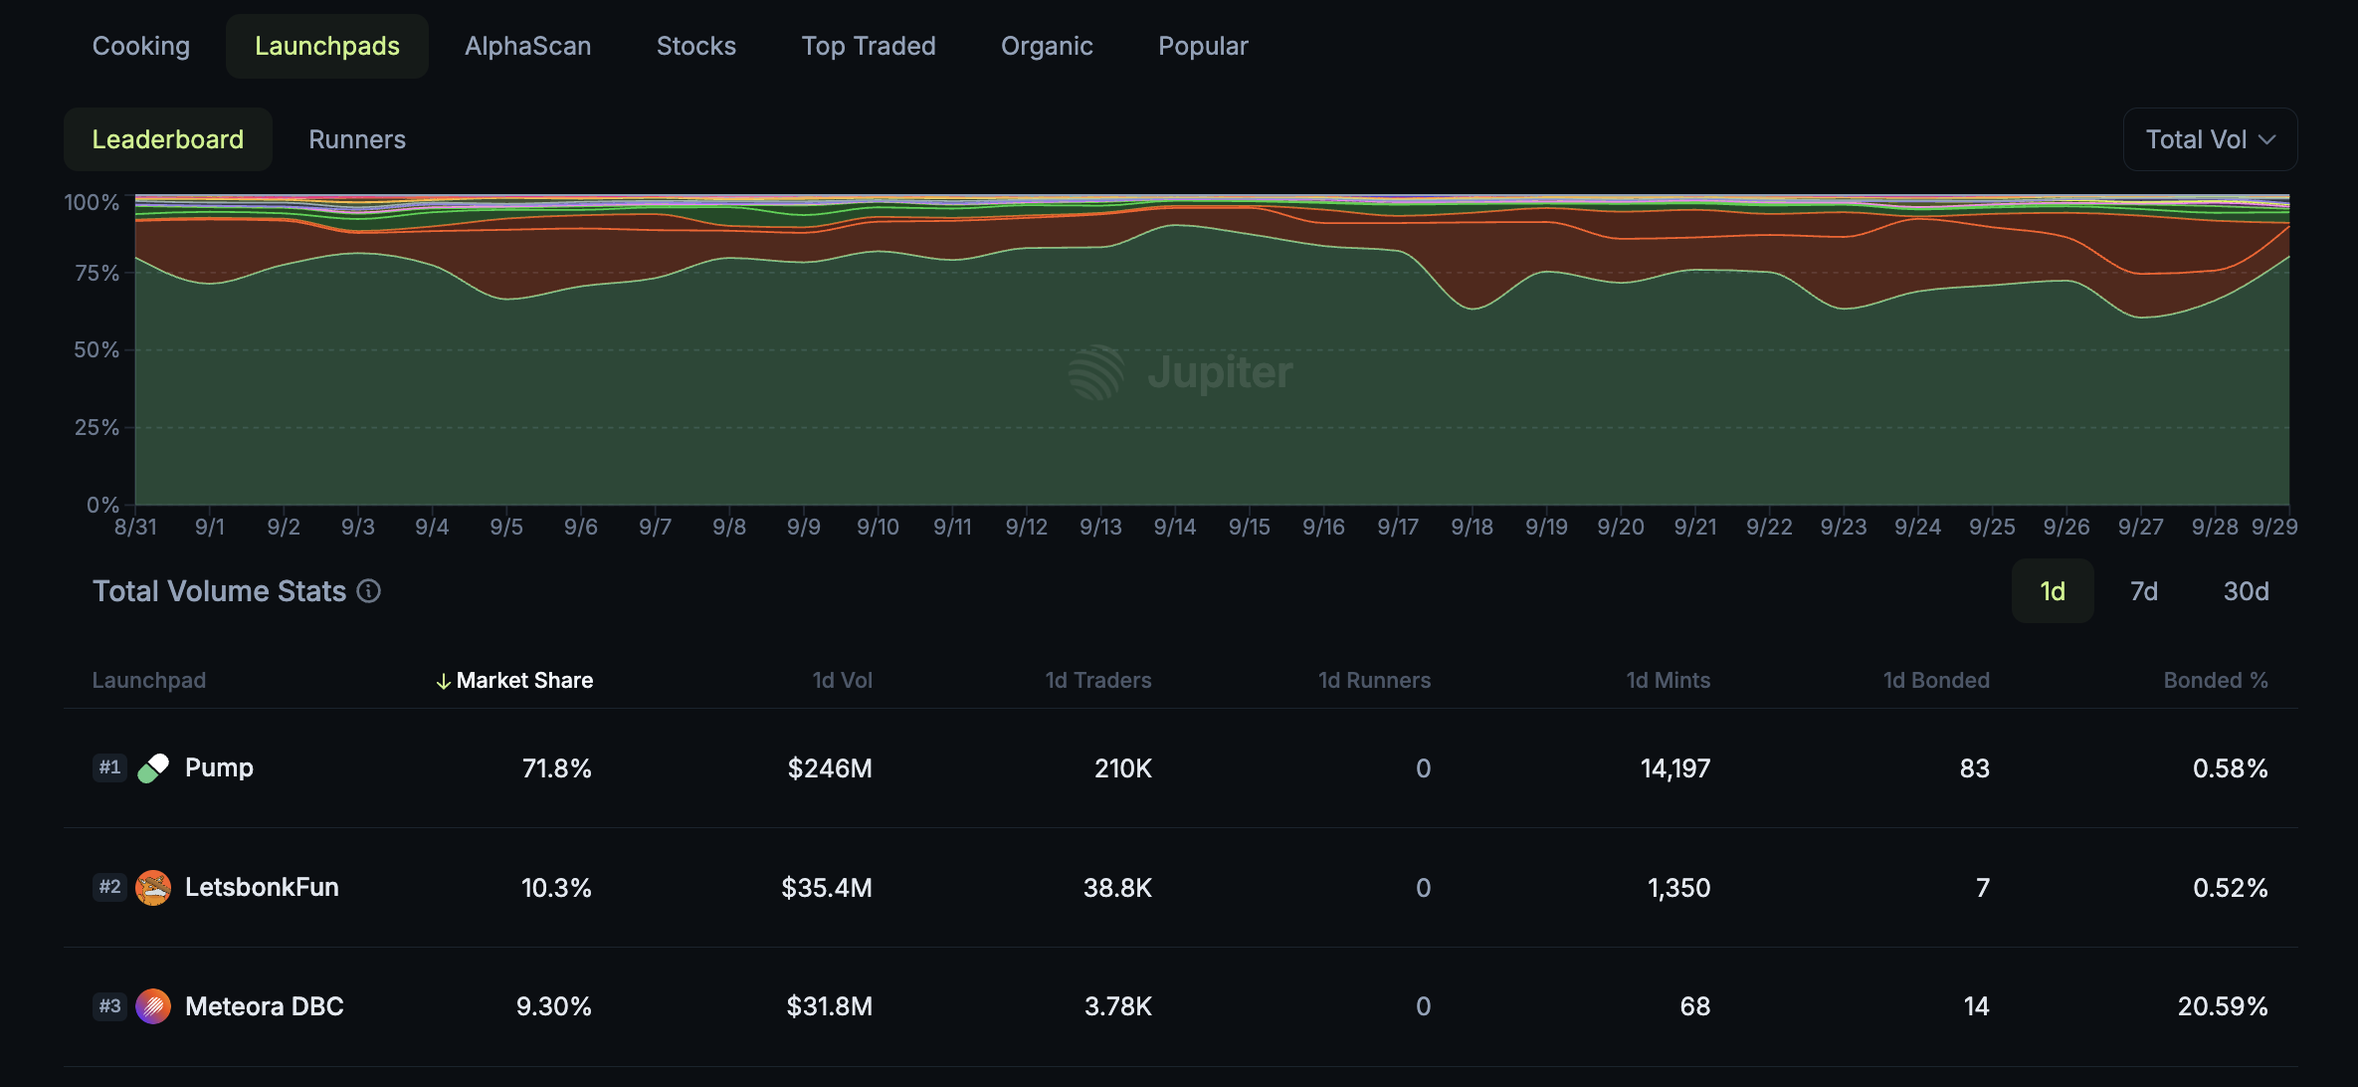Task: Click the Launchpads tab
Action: tap(327, 47)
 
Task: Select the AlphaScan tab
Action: tap(527, 47)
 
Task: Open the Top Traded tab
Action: tap(868, 47)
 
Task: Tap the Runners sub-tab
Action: tap(357, 139)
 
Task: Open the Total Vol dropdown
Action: tap(2210, 139)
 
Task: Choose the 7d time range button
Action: tap(2143, 591)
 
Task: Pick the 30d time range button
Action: tap(2246, 591)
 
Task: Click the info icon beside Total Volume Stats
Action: tap(369, 591)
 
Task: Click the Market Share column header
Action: tap(523, 681)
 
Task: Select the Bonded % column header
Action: tap(2215, 681)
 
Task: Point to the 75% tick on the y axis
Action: tap(97, 273)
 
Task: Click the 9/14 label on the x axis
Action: tap(1174, 527)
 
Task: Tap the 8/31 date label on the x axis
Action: tap(135, 527)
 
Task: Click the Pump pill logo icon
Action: tap(153, 767)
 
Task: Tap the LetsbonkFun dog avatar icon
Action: tap(153, 887)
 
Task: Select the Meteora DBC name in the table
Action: tap(264, 1006)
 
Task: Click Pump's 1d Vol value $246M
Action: tap(829, 768)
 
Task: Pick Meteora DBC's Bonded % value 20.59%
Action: tap(2222, 1006)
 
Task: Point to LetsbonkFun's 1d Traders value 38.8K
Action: tap(1116, 888)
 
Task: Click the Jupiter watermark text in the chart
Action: tap(1220, 372)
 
